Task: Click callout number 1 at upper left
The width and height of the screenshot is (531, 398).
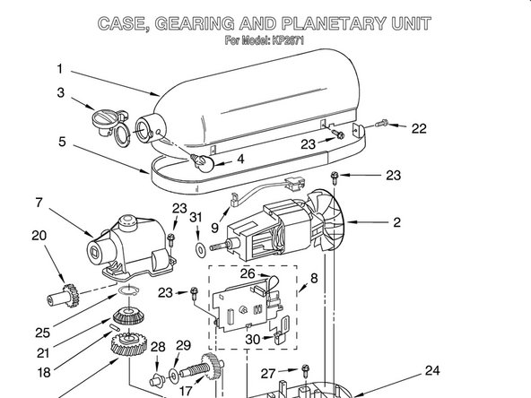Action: [x=60, y=69]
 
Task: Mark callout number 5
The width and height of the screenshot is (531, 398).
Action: [x=62, y=141]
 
